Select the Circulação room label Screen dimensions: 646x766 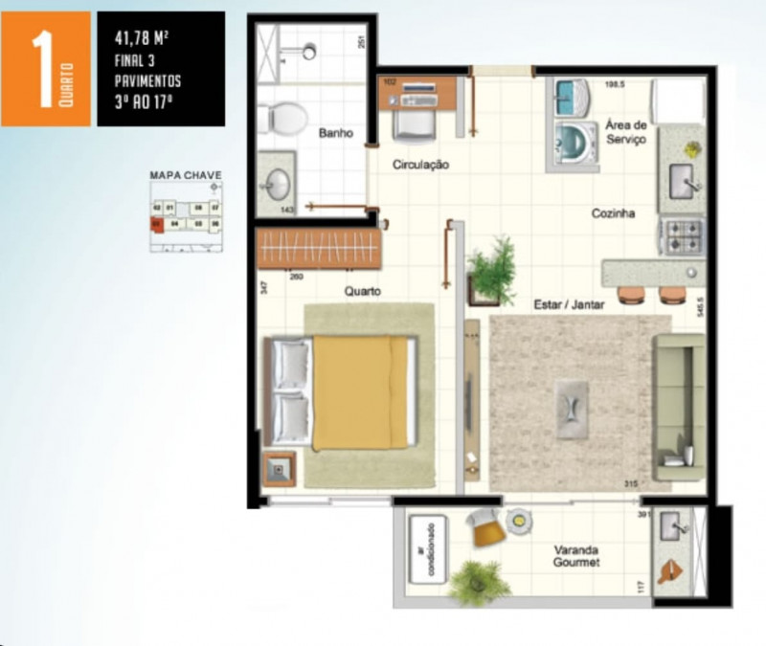pyautogui.click(x=421, y=165)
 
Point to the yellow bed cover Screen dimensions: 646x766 pyautogui.click(x=352, y=390)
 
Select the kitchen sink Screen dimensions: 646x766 pyautogui.click(x=682, y=178)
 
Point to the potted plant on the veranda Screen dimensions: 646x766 pyautogui.click(x=478, y=582)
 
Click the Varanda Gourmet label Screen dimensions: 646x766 pyautogui.click(x=576, y=557)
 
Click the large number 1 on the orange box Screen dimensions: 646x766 pyautogui.click(x=40, y=69)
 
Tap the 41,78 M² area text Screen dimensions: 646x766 pyautogui.click(x=141, y=39)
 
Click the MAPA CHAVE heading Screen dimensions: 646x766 pyautogui.click(x=186, y=175)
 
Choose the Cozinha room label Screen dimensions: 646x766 pyautogui.click(x=613, y=213)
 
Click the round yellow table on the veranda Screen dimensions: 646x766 pyautogui.click(x=519, y=520)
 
